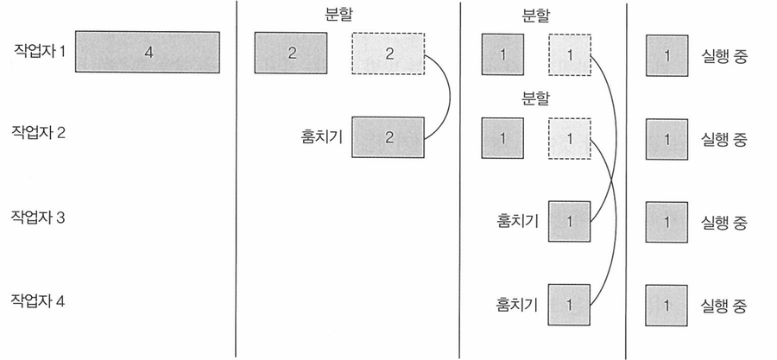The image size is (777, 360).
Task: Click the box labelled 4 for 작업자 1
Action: [148, 53]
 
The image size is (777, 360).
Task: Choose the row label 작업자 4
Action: [40, 301]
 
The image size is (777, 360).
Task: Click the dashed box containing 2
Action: [388, 54]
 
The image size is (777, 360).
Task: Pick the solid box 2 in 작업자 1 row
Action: [291, 53]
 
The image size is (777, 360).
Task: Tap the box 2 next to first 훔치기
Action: [388, 136]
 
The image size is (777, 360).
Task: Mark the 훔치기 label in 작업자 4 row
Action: [517, 305]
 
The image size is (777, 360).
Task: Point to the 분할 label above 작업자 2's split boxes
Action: [535, 98]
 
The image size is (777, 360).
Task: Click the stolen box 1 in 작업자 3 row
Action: [569, 221]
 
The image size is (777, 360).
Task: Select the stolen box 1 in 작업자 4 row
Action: [569, 305]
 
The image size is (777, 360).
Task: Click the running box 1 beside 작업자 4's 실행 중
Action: [667, 306]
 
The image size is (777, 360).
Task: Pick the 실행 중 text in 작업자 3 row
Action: [723, 221]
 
